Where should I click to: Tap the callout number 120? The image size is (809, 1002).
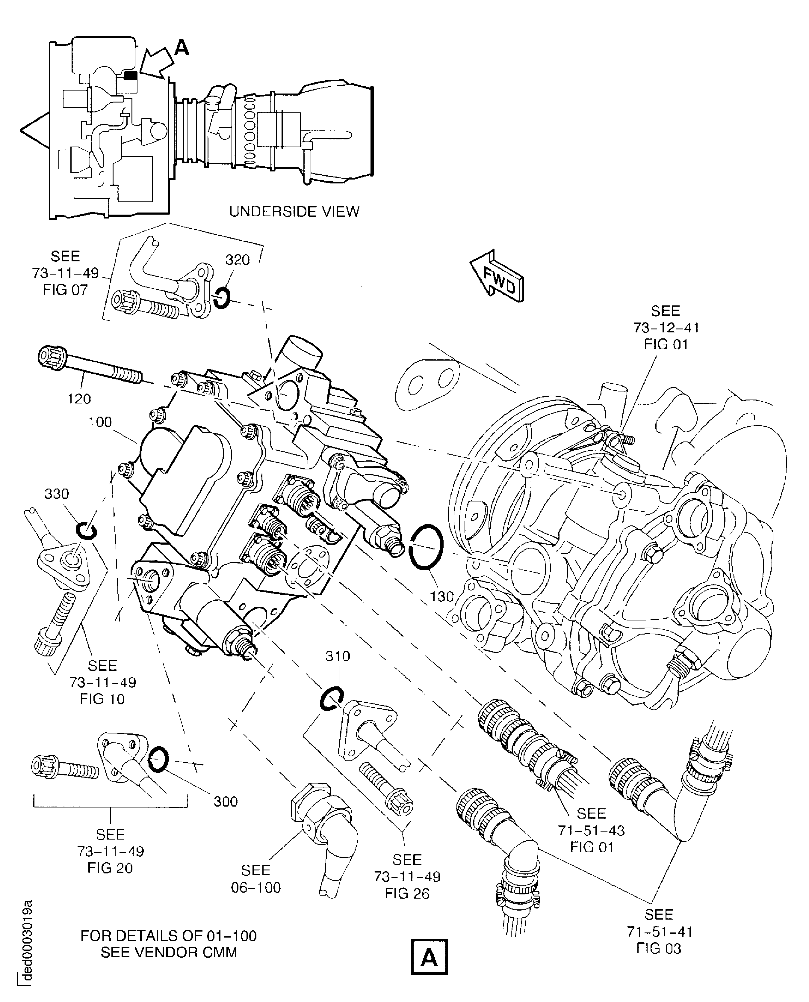pos(79,399)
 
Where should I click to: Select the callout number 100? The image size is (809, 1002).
pos(100,422)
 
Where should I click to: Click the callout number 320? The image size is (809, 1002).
pos(238,260)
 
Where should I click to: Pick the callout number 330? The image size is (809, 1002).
pos(57,494)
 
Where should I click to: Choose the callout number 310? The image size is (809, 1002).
pos(337,656)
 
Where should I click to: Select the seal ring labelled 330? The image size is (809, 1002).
pos(87,531)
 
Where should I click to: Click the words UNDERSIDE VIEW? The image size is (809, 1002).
pos(294,212)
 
